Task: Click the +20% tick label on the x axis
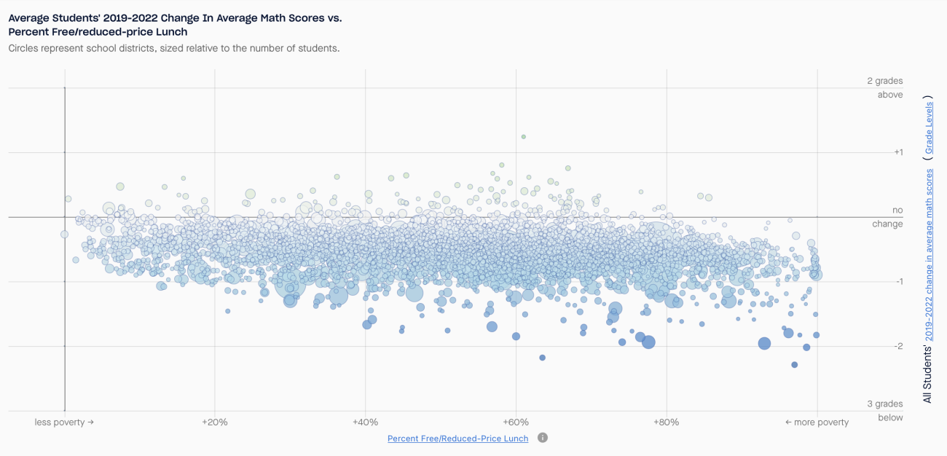tap(214, 422)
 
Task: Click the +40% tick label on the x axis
tap(365, 422)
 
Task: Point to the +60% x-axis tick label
tap(516, 422)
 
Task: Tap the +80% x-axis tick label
tap(666, 422)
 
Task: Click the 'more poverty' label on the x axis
tap(817, 422)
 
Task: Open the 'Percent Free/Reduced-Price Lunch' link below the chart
tap(457, 439)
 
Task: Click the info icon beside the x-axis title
tap(543, 438)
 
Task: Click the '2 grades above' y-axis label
tap(884, 87)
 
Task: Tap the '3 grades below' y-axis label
tap(884, 411)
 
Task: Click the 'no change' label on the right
tap(887, 217)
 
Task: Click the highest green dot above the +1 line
tap(523, 136)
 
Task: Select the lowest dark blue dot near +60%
tap(542, 358)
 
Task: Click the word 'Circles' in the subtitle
tap(25, 48)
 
